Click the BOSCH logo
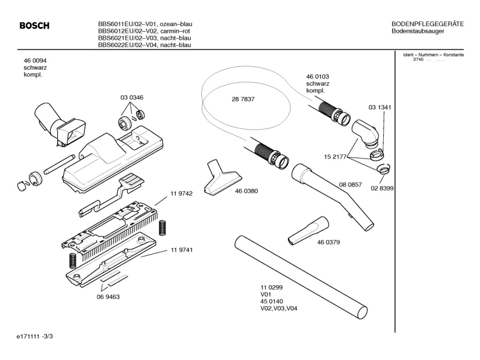tap(34, 26)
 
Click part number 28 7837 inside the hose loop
tap(243, 99)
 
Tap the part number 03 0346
tap(131, 98)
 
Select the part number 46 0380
tap(247, 191)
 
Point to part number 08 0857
tap(351, 185)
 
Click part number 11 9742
tap(181, 193)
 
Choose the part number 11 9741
tap(181, 250)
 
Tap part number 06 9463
tap(108, 296)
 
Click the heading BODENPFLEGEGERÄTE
tap(428, 24)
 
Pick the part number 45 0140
tap(272, 302)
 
